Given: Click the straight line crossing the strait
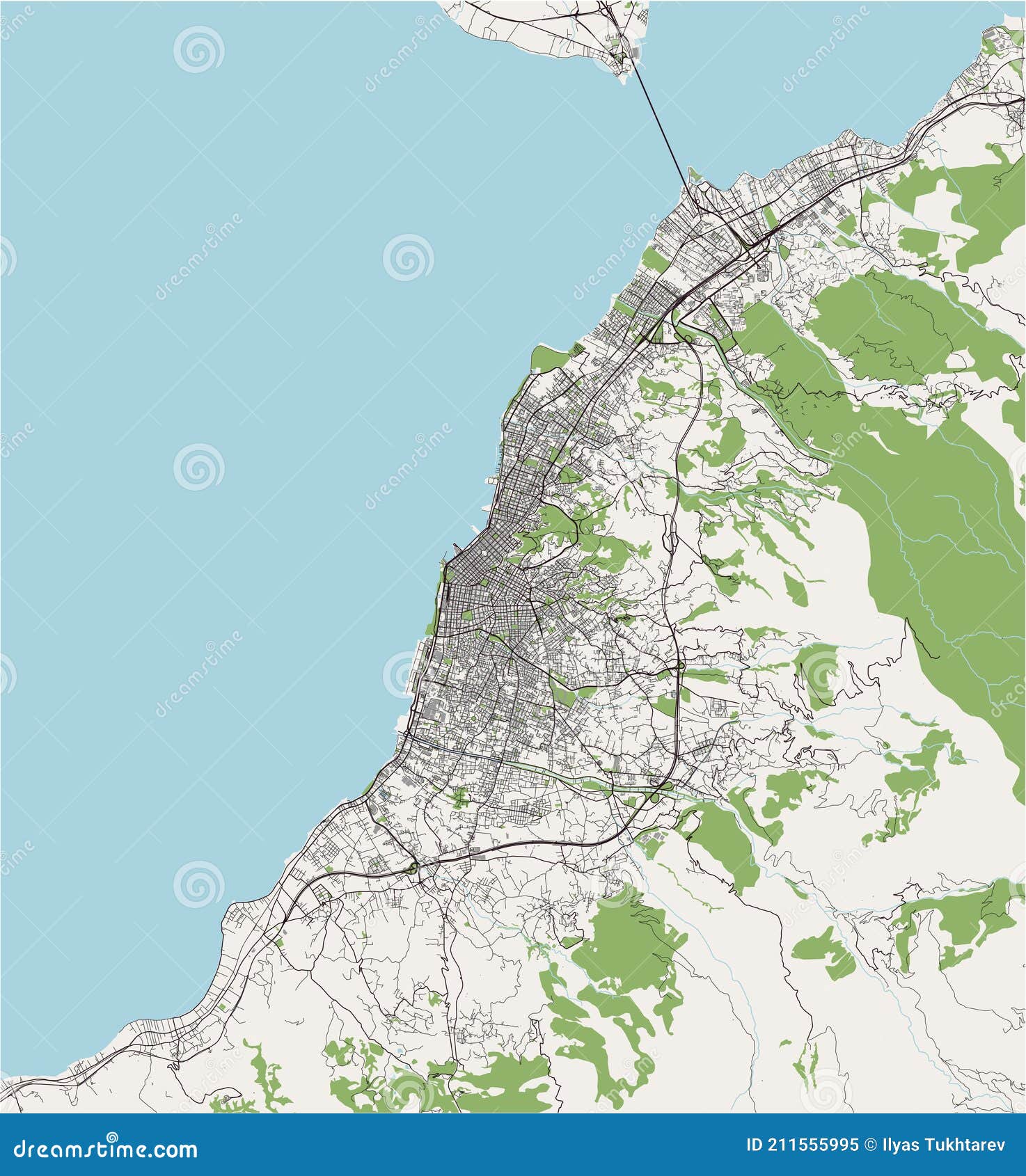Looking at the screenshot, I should point(661,125).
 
